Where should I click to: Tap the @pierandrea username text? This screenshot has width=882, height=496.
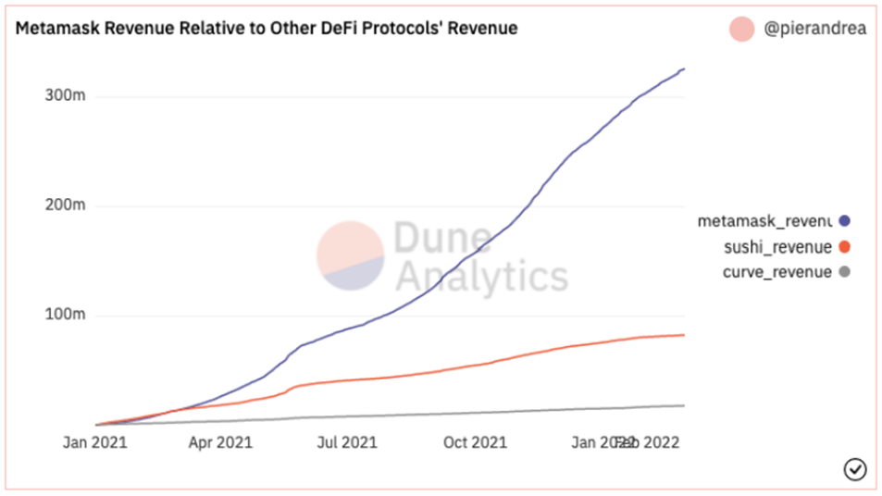pyautogui.click(x=815, y=29)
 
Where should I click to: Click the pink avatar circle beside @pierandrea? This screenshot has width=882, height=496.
pyautogui.click(x=743, y=29)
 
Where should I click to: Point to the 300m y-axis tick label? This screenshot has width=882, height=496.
pyautogui.click(x=65, y=96)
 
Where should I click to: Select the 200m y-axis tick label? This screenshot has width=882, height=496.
pyautogui.click(x=65, y=205)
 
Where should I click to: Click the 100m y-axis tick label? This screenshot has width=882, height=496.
pyautogui.click(x=65, y=316)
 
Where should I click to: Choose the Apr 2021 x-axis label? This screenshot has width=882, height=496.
pyautogui.click(x=219, y=443)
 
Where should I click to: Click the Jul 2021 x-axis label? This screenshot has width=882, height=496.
pyautogui.click(x=346, y=443)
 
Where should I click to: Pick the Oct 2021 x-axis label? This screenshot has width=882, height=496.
pyautogui.click(x=475, y=443)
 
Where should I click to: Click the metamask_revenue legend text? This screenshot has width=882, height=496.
pyautogui.click(x=764, y=221)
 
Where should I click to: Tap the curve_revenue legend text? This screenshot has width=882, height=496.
pyautogui.click(x=776, y=272)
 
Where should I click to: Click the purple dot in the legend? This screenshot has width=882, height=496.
pyautogui.click(x=843, y=221)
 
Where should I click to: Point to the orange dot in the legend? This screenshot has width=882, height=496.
pyautogui.click(x=843, y=247)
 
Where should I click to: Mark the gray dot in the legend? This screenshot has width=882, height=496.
pyautogui.click(x=843, y=272)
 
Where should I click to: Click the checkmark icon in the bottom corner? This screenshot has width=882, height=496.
pyautogui.click(x=855, y=470)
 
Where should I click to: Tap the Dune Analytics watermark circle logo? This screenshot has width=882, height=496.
pyautogui.click(x=350, y=255)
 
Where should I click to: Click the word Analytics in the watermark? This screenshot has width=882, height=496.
pyautogui.click(x=480, y=276)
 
